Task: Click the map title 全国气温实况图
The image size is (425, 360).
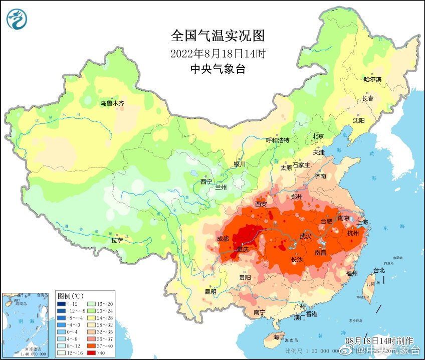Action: [x=218, y=36]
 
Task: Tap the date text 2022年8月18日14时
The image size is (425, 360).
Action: [x=218, y=53]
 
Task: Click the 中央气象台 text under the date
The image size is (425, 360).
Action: [x=218, y=69]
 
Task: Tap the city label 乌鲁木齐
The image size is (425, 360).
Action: [x=111, y=103]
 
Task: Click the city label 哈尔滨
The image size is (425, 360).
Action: [x=372, y=79]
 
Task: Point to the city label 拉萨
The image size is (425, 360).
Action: [x=117, y=241]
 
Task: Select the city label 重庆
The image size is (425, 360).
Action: [x=243, y=250]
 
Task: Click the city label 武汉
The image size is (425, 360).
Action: [x=305, y=236]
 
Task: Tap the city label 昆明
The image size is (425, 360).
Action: [x=210, y=292]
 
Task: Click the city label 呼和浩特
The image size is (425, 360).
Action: [x=277, y=140]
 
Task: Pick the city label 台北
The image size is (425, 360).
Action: [x=379, y=270]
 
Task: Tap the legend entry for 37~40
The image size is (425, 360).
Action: [x=100, y=346]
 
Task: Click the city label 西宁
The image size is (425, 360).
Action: [x=206, y=182]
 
